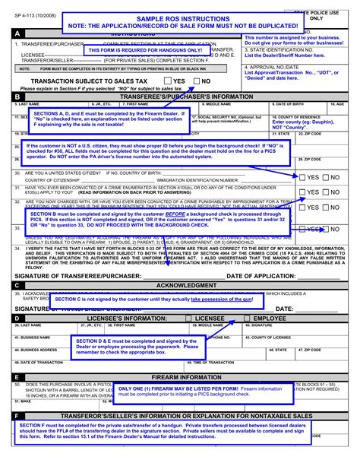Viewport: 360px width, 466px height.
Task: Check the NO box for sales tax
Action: (x=196, y=81)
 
